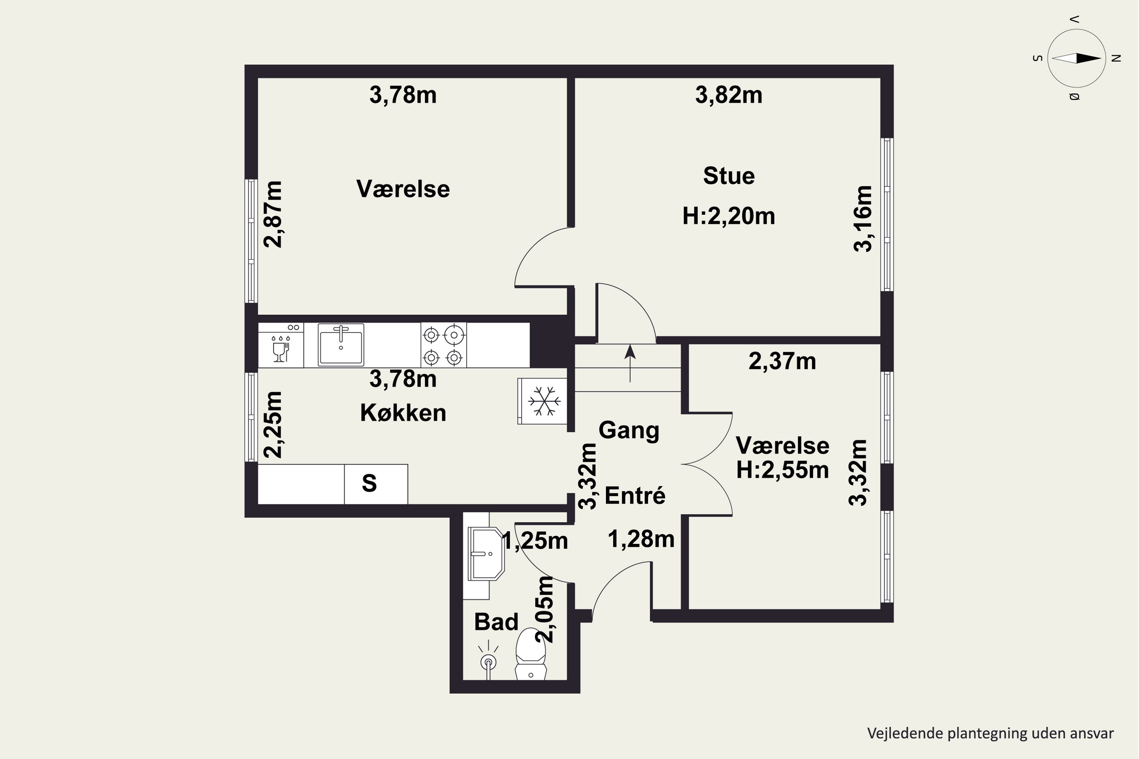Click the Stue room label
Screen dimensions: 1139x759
tap(729, 176)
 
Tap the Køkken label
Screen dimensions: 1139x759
tap(403, 413)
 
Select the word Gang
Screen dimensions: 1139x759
tap(629, 430)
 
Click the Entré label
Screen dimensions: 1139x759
tap(635, 495)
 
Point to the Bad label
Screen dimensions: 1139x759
tap(496, 622)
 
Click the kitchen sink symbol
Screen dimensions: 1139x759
tap(341, 345)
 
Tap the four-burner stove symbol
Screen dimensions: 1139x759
tap(443, 345)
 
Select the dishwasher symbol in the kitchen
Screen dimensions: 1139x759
tap(281, 345)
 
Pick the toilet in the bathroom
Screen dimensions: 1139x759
tap(531, 654)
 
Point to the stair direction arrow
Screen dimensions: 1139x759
tap(629, 364)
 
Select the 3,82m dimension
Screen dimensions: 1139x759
tap(729, 95)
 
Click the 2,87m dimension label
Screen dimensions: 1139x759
tap(273, 214)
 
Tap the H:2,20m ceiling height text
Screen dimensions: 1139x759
tap(729, 216)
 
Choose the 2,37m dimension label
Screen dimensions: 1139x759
tap(782, 361)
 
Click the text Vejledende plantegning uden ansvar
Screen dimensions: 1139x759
tap(990, 733)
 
